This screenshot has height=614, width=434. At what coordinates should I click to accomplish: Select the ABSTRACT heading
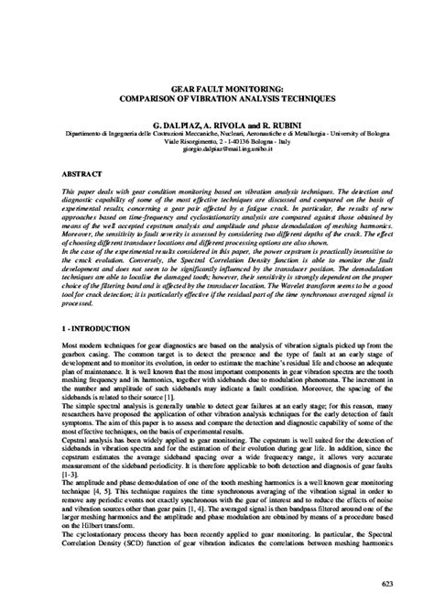click(57, 173)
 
